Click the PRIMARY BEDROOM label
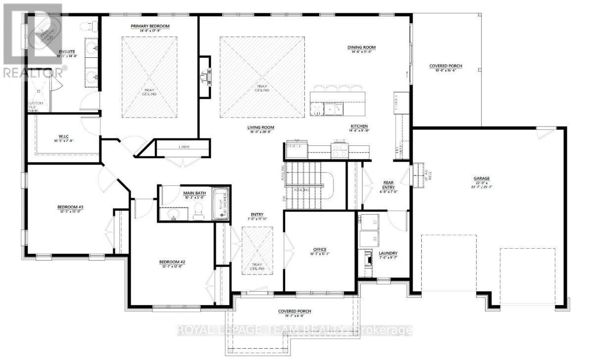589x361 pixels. pyautogui.click(x=150, y=26)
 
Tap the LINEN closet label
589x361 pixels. pyautogui.click(x=183, y=147)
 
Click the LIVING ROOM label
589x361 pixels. pyautogui.click(x=261, y=127)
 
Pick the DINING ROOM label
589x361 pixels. pyautogui.click(x=361, y=47)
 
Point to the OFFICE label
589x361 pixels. pyautogui.click(x=320, y=249)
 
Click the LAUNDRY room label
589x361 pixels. pyautogui.click(x=389, y=253)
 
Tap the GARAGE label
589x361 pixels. pyautogui.click(x=481, y=178)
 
